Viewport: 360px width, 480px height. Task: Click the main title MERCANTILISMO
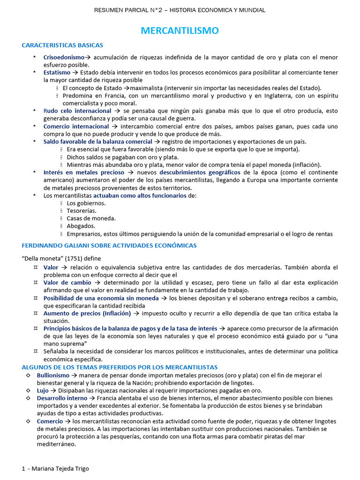point(180,31)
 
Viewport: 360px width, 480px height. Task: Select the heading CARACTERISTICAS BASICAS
point(62,45)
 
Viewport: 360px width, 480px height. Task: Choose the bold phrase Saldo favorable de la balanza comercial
point(97,142)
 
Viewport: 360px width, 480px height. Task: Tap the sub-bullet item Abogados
point(81,226)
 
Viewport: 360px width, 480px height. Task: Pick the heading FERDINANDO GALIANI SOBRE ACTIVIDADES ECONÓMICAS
point(109,245)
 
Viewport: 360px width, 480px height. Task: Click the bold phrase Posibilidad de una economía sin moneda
point(101,298)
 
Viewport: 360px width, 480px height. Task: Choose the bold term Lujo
point(43,390)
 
